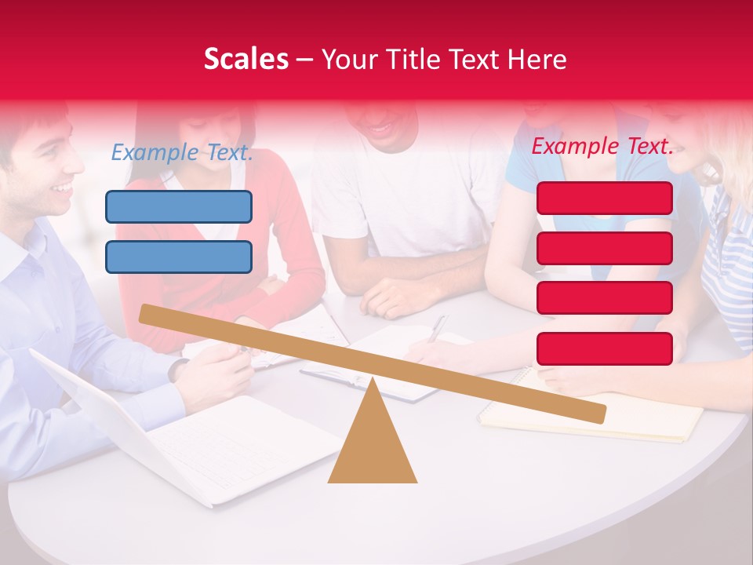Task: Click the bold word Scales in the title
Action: (x=246, y=59)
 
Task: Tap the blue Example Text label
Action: (x=182, y=152)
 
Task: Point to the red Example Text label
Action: (x=602, y=146)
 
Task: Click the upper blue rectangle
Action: (x=179, y=206)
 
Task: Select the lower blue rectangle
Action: (x=179, y=257)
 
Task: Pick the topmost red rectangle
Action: (x=604, y=198)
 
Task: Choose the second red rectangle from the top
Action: (x=604, y=248)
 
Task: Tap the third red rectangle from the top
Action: (x=604, y=298)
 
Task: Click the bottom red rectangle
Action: (x=604, y=348)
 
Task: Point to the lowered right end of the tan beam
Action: (x=596, y=413)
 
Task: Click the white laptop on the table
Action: (x=196, y=439)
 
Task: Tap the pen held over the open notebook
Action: (x=438, y=327)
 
